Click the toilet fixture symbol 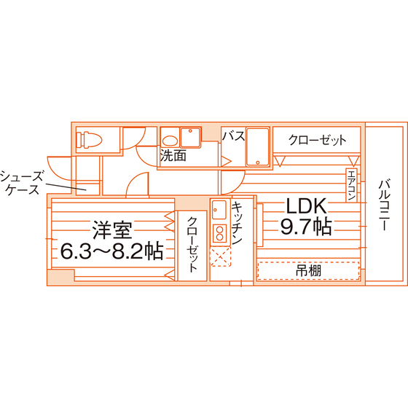click(89, 140)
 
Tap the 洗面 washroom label click(173, 156)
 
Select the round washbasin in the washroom click(170, 140)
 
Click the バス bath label click(233, 136)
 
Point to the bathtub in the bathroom click(258, 146)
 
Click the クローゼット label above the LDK click(317, 140)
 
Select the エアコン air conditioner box click(351, 185)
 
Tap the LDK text click(306, 205)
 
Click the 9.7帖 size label click(306, 226)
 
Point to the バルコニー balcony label click(384, 205)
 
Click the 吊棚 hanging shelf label click(308, 270)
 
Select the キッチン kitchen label click(237, 223)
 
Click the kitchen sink click(219, 210)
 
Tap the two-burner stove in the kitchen click(219, 234)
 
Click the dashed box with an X click(220, 256)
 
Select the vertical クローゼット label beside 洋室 click(192, 245)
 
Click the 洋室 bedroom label click(112, 230)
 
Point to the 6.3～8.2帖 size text click(112, 251)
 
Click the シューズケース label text click(21, 183)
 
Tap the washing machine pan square click(190, 138)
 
